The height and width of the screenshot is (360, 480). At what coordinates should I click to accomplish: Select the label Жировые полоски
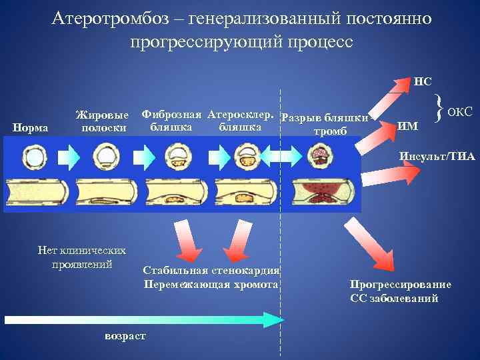[103, 122]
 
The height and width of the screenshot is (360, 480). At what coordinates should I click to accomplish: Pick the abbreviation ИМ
[407, 126]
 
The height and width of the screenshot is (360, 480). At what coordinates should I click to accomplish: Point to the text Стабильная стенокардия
[211, 271]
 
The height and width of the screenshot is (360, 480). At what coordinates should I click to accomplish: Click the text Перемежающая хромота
[211, 285]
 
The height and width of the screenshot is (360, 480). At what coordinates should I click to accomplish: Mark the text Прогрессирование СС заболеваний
[400, 291]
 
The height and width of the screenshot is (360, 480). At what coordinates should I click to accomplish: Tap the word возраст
[125, 335]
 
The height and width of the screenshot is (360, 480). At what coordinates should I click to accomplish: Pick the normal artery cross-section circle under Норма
[31, 157]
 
